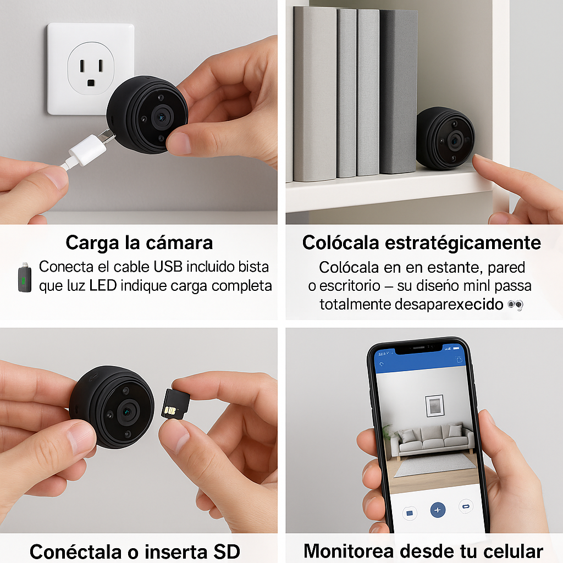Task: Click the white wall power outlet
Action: pos(91,69)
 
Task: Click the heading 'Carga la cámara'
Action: pos(139,242)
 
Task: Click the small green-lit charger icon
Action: pos(22,277)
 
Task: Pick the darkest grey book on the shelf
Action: pos(398,91)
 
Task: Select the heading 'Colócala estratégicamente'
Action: pos(422,242)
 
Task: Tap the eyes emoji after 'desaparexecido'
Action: pos(515,305)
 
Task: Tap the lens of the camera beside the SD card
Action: pos(129,410)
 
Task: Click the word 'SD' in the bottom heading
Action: pos(224,551)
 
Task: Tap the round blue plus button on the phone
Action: pos(438,510)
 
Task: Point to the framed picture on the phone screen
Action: pos(434,406)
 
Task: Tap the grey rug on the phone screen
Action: pos(434,465)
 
